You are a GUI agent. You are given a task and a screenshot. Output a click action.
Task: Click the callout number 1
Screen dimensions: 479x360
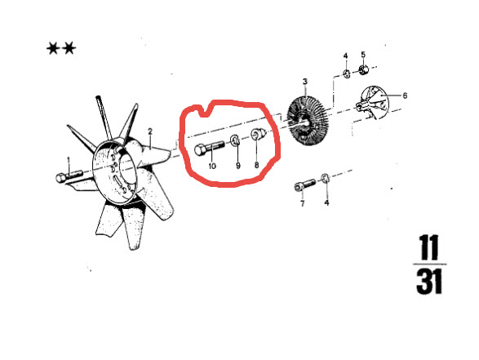pyautogui.click(x=69, y=160)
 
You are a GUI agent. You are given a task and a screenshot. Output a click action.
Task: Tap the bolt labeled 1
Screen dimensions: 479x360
pyautogui.click(x=69, y=176)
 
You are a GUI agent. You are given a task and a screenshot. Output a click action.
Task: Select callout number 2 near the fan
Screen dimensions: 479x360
pyautogui.click(x=150, y=131)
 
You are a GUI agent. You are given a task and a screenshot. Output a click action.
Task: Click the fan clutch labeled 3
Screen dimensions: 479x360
pyautogui.click(x=308, y=122)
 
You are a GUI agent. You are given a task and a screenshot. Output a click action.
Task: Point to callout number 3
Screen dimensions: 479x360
pyautogui.click(x=305, y=82)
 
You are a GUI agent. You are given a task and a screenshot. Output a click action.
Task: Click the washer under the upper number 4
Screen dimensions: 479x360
pyautogui.click(x=347, y=73)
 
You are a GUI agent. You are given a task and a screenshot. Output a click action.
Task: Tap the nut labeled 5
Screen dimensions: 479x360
pyautogui.click(x=363, y=69)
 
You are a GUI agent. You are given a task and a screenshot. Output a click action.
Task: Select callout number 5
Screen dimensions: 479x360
pyautogui.click(x=363, y=55)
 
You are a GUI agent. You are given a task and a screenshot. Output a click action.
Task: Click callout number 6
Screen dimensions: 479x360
pyautogui.click(x=405, y=96)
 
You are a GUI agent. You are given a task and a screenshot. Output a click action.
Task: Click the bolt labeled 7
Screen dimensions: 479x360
pyautogui.click(x=305, y=184)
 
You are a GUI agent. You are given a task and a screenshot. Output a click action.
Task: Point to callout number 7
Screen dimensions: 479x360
pyautogui.click(x=303, y=203)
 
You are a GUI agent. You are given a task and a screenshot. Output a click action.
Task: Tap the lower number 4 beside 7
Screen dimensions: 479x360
pyautogui.click(x=326, y=202)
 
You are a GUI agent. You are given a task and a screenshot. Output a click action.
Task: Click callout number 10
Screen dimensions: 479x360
pyautogui.click(x=212, y=166)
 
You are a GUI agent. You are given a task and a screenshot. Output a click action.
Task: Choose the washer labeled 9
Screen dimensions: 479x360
pyautogui.click(x=234, y=140)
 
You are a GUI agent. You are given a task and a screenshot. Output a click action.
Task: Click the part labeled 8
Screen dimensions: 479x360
pyautogui.click(x=259, y=134)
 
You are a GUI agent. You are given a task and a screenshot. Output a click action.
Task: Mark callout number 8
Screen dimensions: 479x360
pyautogui.click(x=256, y=165)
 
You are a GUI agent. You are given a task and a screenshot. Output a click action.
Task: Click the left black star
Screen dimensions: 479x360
pyautogui.click(x=52, y=49)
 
